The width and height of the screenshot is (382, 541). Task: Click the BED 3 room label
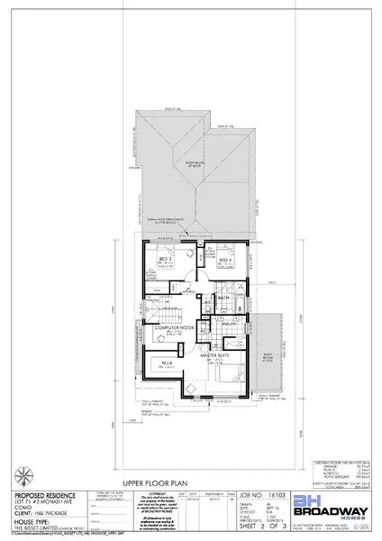165,260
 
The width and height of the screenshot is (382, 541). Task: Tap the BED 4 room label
224,260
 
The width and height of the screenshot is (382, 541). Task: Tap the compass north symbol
21,473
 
